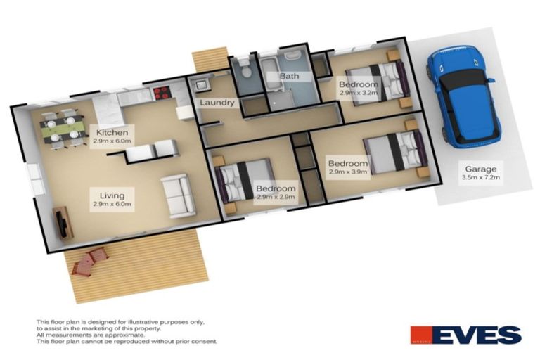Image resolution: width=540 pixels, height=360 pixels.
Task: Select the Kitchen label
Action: (x=112, y=132)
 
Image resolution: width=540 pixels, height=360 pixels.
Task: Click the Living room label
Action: (x=112, y=195)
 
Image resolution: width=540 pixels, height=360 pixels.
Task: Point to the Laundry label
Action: (x=217, y=103)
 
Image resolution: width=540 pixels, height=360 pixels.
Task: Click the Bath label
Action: (x=290, y=75)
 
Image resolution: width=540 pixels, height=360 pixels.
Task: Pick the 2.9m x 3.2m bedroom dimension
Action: (x=359, y=93)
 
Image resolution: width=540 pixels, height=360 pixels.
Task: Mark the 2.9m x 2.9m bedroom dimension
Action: (x=275, y=198)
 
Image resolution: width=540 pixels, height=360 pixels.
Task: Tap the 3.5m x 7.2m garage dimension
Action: (x=481, y=178)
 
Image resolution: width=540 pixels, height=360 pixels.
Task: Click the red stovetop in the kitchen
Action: (x=161, y=92)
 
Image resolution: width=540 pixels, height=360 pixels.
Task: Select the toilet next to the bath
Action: (x=244, y=70)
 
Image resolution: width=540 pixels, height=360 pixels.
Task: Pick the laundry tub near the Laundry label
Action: (x=200, y=86)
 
